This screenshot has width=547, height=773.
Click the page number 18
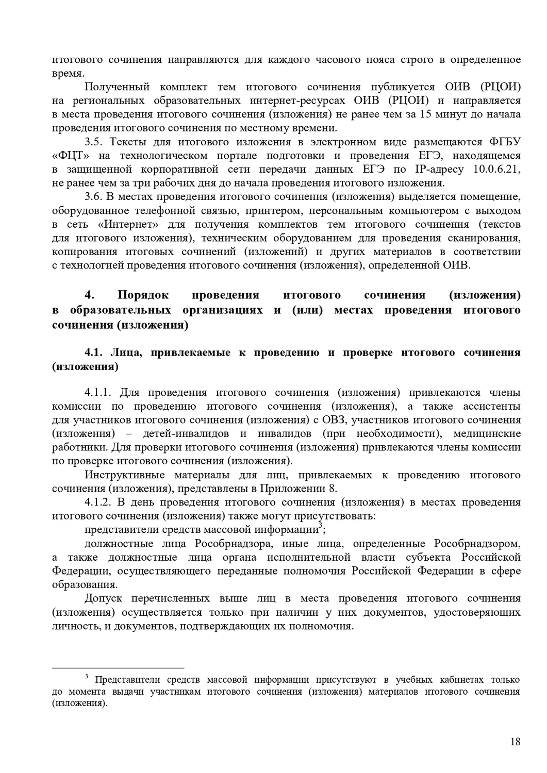[515, 742]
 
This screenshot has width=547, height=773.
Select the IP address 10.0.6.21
[497, 169]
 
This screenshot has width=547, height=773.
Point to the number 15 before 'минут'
[427, 114]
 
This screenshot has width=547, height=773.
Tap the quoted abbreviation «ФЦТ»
[70, 156]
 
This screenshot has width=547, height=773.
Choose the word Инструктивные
[125, 475]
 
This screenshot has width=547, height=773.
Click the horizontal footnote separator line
[118, 667]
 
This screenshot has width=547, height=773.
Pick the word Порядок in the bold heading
[143, 295]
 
